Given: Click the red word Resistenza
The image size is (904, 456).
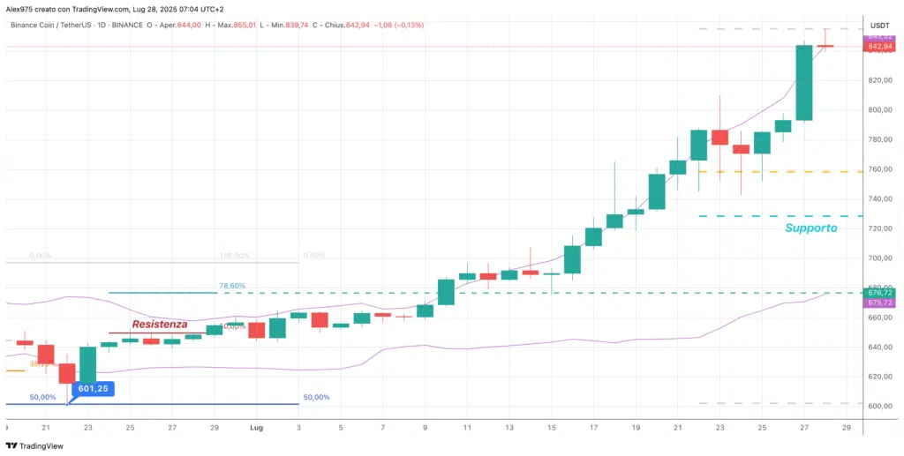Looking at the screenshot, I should point(160,324).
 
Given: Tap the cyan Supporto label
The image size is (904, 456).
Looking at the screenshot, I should point(810,228).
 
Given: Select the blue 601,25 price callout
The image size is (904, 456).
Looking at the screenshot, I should point(93,388).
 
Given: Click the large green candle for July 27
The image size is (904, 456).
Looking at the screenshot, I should point(803,83).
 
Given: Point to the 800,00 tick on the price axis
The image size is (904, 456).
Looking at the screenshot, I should point(878,110).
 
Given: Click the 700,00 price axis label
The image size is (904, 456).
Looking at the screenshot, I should point(878,258).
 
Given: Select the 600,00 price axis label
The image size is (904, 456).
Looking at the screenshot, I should point(878,407).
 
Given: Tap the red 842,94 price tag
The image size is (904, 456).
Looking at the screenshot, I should point(878,46).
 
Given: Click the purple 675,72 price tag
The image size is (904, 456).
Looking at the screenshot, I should point(878,303).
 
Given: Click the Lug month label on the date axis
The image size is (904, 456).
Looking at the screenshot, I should point(255,427).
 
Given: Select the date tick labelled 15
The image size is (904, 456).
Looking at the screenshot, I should point(551,427).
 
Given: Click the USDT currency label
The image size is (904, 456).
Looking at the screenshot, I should point(879,26).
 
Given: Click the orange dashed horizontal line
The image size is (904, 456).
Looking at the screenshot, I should point(777,171).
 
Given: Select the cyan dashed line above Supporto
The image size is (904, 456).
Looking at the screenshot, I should point(777,216).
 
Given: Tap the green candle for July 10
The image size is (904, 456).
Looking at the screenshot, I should point(446,292).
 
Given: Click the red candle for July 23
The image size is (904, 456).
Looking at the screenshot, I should point(719,137).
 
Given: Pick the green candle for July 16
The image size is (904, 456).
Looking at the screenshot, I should point(572,259).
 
